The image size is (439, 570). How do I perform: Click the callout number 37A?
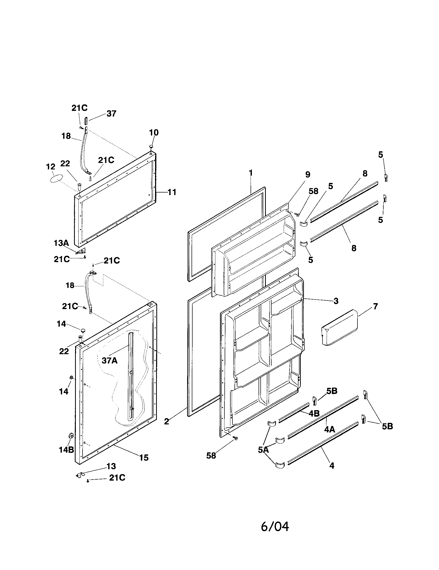[x=109, y=360]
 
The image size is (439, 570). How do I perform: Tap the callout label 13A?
[x=61, y=243]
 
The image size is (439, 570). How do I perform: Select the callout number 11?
[x=172, y=192]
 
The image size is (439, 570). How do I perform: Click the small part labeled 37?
[x=86, y=122]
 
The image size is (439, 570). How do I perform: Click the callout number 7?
[x=375, y=306]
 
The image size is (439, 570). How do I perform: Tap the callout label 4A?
[x=330, y=429]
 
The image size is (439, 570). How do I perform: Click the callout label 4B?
[x=314, y=414]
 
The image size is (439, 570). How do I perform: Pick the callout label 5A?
[x=263, y=450]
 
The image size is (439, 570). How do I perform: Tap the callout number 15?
[x=144, y=457]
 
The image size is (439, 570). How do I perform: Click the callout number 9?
[x=308, y=174]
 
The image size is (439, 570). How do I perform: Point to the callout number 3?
[x=336, y=301]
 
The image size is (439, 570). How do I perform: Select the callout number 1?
[x=251, y=173]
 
